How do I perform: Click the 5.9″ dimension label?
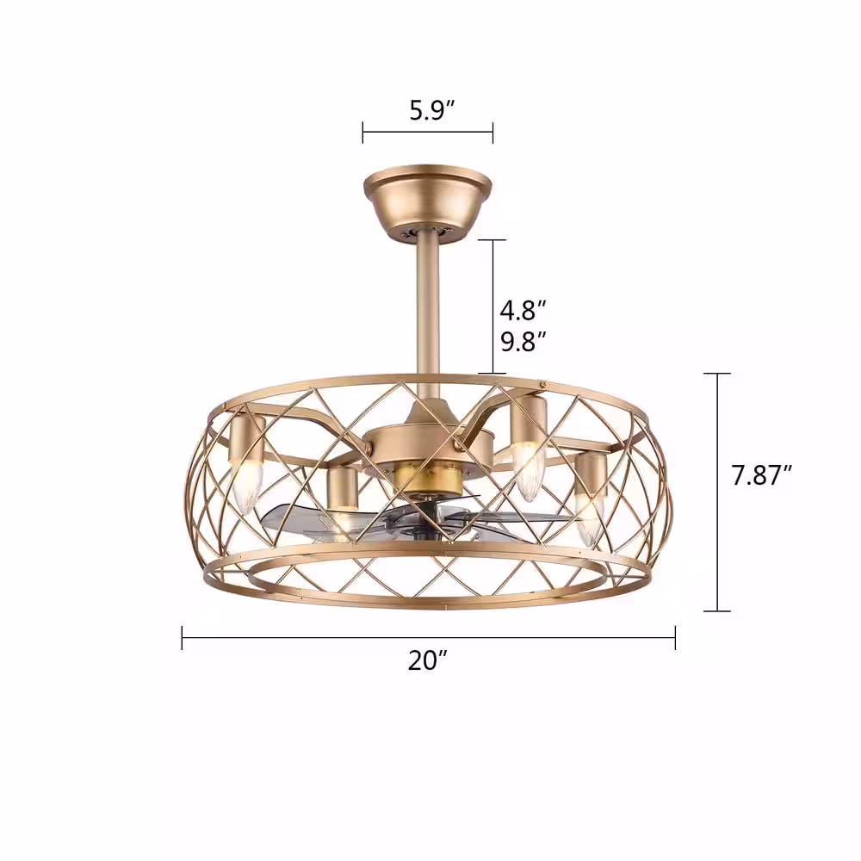432,110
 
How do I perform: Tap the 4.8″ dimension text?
523,310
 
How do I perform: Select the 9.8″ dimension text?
523,342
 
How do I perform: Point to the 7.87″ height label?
762,475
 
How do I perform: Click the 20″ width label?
428,660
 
